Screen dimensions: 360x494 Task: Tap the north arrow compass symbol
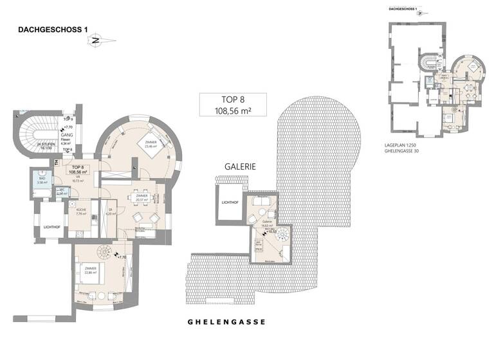96,40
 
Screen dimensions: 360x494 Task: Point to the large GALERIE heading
241,166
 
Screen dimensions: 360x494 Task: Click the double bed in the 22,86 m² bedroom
89,272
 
